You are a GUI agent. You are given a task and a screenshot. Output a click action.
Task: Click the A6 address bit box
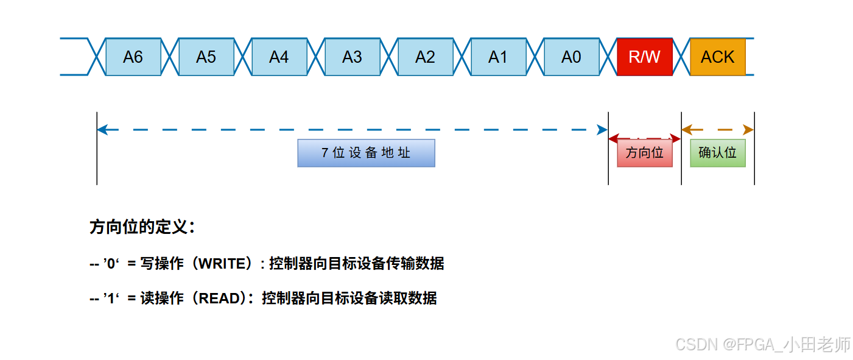click(133, 57)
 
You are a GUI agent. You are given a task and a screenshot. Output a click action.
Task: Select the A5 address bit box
click(206, 57)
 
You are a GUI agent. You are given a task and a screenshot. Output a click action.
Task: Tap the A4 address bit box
click(279, 57)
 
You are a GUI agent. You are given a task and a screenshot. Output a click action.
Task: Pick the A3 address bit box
click(352, 57)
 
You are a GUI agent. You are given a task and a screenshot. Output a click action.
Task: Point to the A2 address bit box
click(425, 57)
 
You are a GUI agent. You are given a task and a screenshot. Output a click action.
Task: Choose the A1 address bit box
click(498, 57)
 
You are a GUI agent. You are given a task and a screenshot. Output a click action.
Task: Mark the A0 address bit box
click(571, 57)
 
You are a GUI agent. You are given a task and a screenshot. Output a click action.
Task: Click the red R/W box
click(644, 57)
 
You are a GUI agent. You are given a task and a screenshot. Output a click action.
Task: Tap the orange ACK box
click(717, 57)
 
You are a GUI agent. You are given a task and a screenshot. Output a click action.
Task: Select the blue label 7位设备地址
click(366, 153)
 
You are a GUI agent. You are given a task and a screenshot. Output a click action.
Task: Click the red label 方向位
click(644, 153)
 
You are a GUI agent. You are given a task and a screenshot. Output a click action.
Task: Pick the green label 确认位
click(717, 153)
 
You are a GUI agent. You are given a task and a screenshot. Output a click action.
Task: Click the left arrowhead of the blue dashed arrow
click(102, 130)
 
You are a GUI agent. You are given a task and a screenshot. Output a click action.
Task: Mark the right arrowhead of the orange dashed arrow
click(749, 130)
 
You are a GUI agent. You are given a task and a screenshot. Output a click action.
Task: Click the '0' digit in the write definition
click(111, 264)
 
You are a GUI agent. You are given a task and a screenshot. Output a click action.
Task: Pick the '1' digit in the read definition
click(111, 298)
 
